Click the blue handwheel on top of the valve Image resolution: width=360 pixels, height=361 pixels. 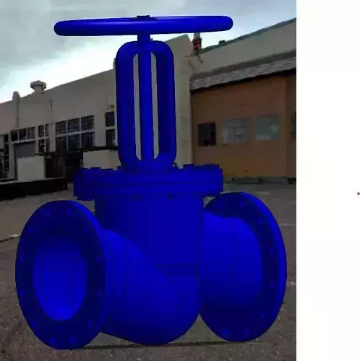pos(143,26)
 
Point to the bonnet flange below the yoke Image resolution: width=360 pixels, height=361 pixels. pos(148,181)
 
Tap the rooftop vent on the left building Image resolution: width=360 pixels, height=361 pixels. pos(38,86)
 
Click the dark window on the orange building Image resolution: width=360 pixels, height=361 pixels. pos(207,134)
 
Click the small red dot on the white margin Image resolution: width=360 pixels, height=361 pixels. pos(358,193)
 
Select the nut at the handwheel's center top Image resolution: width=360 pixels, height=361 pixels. pos(143,17)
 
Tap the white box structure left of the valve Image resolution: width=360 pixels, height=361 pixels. pos(30,168)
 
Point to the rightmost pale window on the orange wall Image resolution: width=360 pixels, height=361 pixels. pos(267,128)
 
